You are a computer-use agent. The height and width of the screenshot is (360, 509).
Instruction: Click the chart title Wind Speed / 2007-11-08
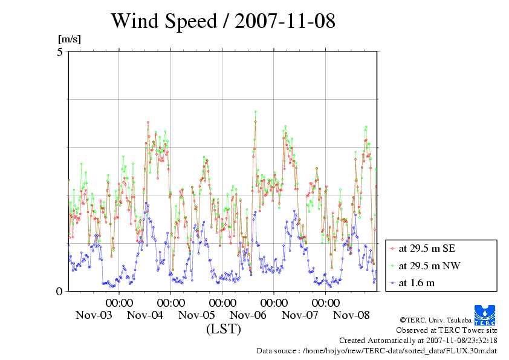(x=222, y=21)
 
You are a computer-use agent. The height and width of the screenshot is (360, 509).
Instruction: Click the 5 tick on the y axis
(x=60, y=52)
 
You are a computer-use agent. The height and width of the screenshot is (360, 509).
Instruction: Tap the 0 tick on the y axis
(x=60, y=291)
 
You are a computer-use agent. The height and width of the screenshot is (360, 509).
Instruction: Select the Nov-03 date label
(x=93, y=315)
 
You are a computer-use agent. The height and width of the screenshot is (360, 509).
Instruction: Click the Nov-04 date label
(x=145, y=315)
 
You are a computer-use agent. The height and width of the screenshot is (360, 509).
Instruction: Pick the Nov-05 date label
(x=196, y=315)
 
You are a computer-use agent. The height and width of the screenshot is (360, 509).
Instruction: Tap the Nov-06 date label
(x=248, y=315)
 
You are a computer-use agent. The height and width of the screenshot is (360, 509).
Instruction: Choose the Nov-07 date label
(x=300, y=315)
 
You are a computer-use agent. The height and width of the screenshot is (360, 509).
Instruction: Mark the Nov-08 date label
(x=352, y=315)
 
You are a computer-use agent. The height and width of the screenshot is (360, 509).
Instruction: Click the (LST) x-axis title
(x=223, y=329)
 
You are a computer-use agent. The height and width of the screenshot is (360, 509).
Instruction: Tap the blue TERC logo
(x=485, y=315)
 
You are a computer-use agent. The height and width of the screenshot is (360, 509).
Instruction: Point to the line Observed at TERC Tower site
(x=446, y=330)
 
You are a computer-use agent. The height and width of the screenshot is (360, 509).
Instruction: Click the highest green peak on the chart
(x=256, y=111)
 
